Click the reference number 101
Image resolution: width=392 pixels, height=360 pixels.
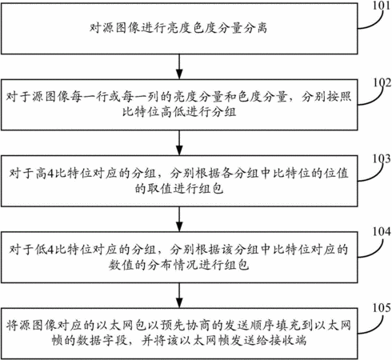pyautogui.click(x=382, y=5)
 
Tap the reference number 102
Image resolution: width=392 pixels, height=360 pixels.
pyautogui.click(x=382, y=82)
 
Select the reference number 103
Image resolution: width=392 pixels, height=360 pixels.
pyautogui.click(x=382, y=158)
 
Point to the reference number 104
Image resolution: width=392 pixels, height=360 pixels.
pyautogui.click(x=382, y=231)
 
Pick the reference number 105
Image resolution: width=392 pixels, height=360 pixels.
pyautogui.click(x=382, y=308)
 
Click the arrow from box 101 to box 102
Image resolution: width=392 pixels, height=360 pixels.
pyautogui.click(x=179, y=66)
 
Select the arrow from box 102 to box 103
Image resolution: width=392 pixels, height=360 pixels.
pyautogui.click(x=179, y=143)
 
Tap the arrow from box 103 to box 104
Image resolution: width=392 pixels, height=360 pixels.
pyautogui.click(x=179, y=219)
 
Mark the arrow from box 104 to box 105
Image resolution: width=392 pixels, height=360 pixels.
pyautogui.click(x=179, y=295)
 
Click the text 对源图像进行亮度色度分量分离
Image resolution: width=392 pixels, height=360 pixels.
pyautogui.click(x=178, y=28)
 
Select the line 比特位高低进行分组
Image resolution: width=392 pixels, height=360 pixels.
pyautogui.click(x=179, y=111)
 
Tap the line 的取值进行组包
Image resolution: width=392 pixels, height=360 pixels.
pyautogui.click(x=179, y=189)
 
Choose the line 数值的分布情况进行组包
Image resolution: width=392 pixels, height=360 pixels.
pyautogui.click(x=179, y=265)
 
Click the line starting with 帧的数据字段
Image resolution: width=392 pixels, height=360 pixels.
pyautogui.click(x=179, y=340)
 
